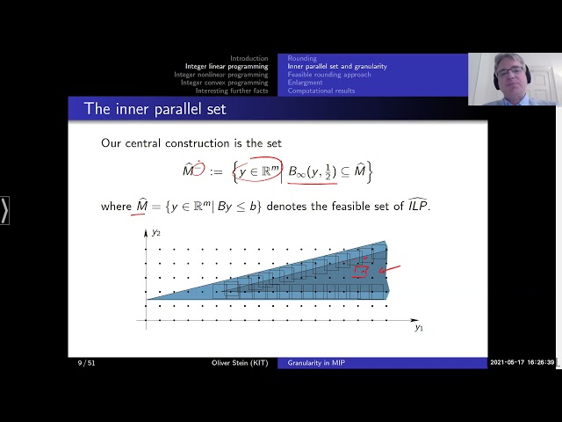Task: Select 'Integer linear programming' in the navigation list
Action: (x=227, y=66)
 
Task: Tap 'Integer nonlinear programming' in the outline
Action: (x=221, y=75)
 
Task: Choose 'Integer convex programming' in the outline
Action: (x=225, y=83)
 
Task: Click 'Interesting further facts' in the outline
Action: (x=232, y=91)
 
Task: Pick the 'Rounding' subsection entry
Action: (x=302, y=58)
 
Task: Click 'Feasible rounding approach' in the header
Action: (x=329, y=75)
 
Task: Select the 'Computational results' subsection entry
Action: (x=321, y=91)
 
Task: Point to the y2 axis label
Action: (x=156, y=234)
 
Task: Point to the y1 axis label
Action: (x=419, y=327)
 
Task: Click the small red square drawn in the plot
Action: (x=360, y=272)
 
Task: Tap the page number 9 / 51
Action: (x=86, y=362)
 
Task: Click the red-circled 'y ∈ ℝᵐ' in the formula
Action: (x=256, y=171)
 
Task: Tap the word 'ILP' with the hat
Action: (x=414, y=206)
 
